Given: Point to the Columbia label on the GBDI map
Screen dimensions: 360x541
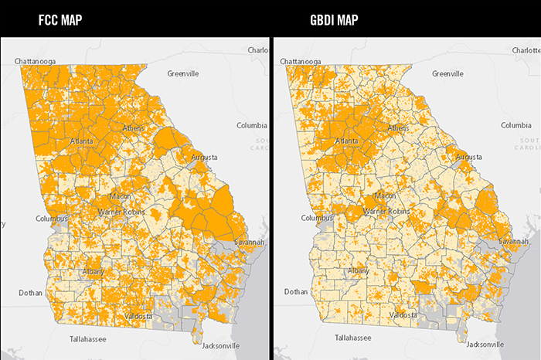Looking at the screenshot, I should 515,125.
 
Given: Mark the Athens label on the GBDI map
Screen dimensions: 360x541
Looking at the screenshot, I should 398,127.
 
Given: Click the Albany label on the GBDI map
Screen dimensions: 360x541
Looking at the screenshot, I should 358,270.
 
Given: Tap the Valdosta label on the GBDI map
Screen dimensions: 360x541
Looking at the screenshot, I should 402,315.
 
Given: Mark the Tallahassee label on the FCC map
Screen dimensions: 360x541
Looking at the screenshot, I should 85,338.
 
